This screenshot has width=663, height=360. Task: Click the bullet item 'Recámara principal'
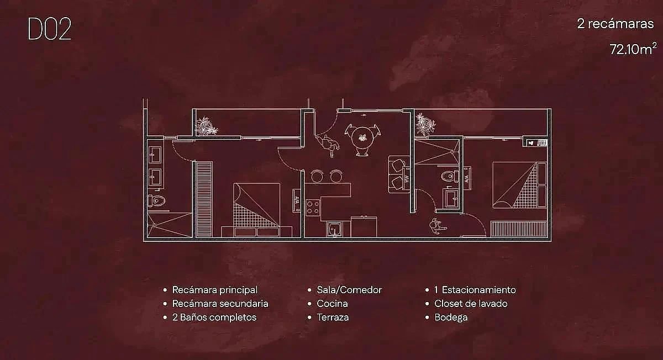tap(214, 290)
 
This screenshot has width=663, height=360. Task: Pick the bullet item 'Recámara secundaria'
tap(220, 304)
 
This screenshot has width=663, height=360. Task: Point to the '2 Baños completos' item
tap(214, 317)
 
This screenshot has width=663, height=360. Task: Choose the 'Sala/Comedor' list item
tap(349, 290)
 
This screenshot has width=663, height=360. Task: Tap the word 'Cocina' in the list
tap(332, 304)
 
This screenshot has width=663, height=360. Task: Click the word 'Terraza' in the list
tap(333, 317)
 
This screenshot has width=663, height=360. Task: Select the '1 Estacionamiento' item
tap(475, 290)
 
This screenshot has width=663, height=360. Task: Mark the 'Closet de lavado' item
tap(471, 304)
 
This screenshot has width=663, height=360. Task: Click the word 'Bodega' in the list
tap(451, 317)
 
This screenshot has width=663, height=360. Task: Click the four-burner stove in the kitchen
tap(313, 208)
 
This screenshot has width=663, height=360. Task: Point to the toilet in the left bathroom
tap(157, 200)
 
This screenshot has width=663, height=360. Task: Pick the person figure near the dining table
tap(330, 144)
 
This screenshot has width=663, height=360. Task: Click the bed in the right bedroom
tap(514, 186)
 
